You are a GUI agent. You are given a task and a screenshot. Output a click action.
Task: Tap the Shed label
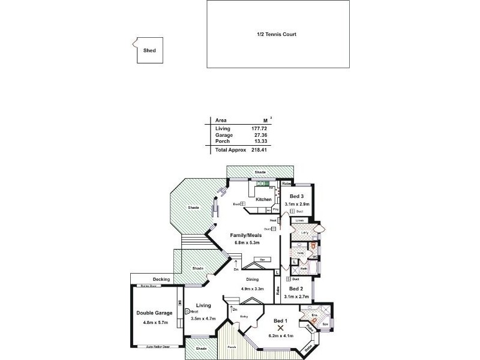click(149, 51)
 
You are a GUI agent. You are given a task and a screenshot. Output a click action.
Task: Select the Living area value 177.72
click(259, 128)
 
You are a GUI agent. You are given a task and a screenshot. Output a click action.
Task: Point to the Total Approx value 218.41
click(259, 150)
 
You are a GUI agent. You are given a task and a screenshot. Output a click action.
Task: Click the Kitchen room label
click(264, 199)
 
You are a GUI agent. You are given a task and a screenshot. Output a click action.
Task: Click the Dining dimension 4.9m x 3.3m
click(252, 288)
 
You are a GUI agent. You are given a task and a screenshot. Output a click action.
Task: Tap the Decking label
click(161, 280)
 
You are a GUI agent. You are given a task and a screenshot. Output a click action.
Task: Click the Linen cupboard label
click(299, 221)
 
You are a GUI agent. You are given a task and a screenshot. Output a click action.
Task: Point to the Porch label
click(231, 347)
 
